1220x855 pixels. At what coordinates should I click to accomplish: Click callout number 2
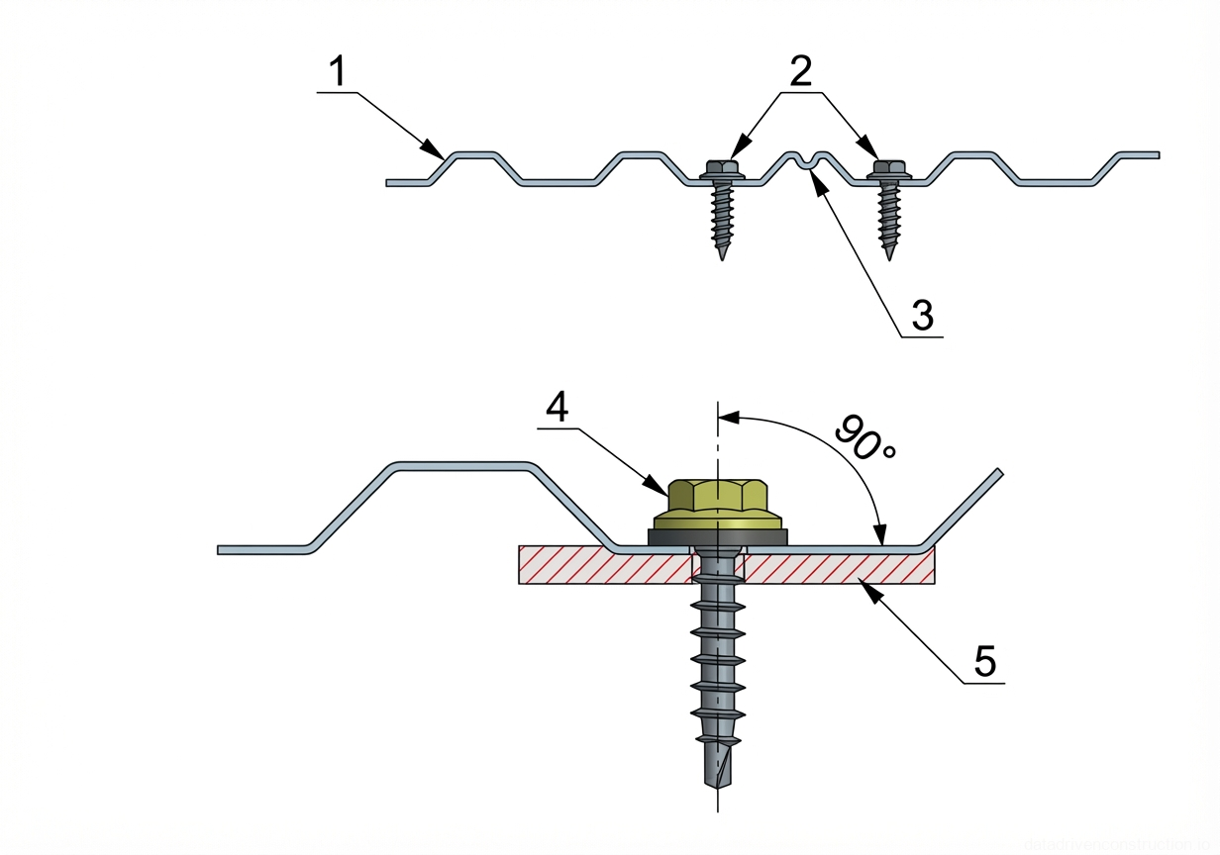(800, 71)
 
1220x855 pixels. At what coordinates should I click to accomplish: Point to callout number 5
(984, 661)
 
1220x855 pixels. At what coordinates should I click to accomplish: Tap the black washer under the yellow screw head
(718, 535)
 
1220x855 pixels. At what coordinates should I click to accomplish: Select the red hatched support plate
(842, 566)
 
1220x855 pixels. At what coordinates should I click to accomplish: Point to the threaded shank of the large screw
(717, 653)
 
